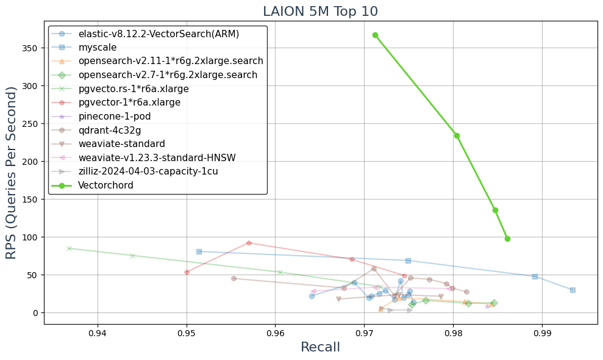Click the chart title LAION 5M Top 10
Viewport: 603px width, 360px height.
click(x=320, y=11)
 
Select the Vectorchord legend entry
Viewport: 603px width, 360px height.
click(x=105, y=185)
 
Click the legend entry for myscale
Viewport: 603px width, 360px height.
click(x=98, y=48)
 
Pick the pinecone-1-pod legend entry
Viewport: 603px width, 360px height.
click(x=114, y=116)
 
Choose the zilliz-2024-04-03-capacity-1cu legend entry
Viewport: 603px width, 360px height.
click(x=148, y=171)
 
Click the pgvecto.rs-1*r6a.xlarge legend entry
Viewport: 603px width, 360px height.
click(x=134, y=89)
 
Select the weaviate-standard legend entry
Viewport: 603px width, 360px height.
click(x=121, y=144)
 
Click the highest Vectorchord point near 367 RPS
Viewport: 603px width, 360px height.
click(x=375, y=35)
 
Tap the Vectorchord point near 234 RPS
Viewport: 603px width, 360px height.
click(x=457, y=135)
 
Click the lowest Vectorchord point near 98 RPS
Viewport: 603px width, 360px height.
click(x=507, y=239)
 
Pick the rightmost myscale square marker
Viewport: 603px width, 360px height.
click(x=573, y=290)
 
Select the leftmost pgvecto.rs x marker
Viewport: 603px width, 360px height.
click(x=69, y=248)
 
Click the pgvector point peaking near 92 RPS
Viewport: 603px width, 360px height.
click(x=249, y=243)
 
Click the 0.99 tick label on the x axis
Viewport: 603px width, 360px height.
click(x=542, y=334)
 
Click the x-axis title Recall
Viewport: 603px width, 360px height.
click(x=320, y=347)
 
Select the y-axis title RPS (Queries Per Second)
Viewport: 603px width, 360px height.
click(x=12, y=172)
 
